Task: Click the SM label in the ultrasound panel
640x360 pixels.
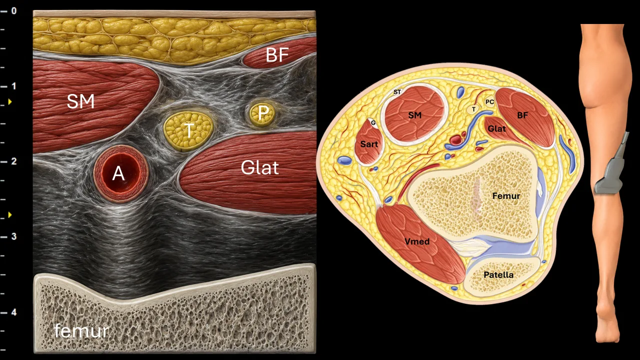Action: pyautogui.click(x=80, y=101)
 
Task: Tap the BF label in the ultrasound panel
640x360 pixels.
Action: pyautogui.click(x=277, y=55)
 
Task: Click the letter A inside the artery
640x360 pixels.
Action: pyautogui.click(x=118, y=173)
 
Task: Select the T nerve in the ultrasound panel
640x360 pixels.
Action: pyautogui.click(x=188, y=131)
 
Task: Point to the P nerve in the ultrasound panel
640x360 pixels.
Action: pyautogui.click(x=262, y=114)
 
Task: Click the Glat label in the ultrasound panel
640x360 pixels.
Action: pyautogui.click(x=259, y=167)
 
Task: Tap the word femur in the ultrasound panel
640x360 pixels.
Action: pyautogui.click(x=81, y=330)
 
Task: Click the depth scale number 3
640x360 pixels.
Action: pyautogui.click(x=13, y=236)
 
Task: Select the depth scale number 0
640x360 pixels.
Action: pyautogui.click(x=13, y=11)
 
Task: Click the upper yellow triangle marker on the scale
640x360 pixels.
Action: pyautogui.click(x=10, y=101)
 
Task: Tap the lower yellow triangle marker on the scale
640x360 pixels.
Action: pyautogui.click(x=10, y=214)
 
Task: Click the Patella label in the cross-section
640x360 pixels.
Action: pyautogui.click(x=498, y=274)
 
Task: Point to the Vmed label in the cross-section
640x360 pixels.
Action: pyautogui.click(x=417, y=241)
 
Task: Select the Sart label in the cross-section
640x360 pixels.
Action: pyautogui.click(x=369, y=144)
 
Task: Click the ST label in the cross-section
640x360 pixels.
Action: pyautogui.click(x=397, y=92)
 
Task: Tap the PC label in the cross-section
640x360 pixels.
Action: pyautogui.click(x=489, y=102)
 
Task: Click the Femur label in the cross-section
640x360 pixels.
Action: pyautogui.click(x=506, y=196)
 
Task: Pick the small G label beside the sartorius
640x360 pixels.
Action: pyautogui.click(x=373, y=123)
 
